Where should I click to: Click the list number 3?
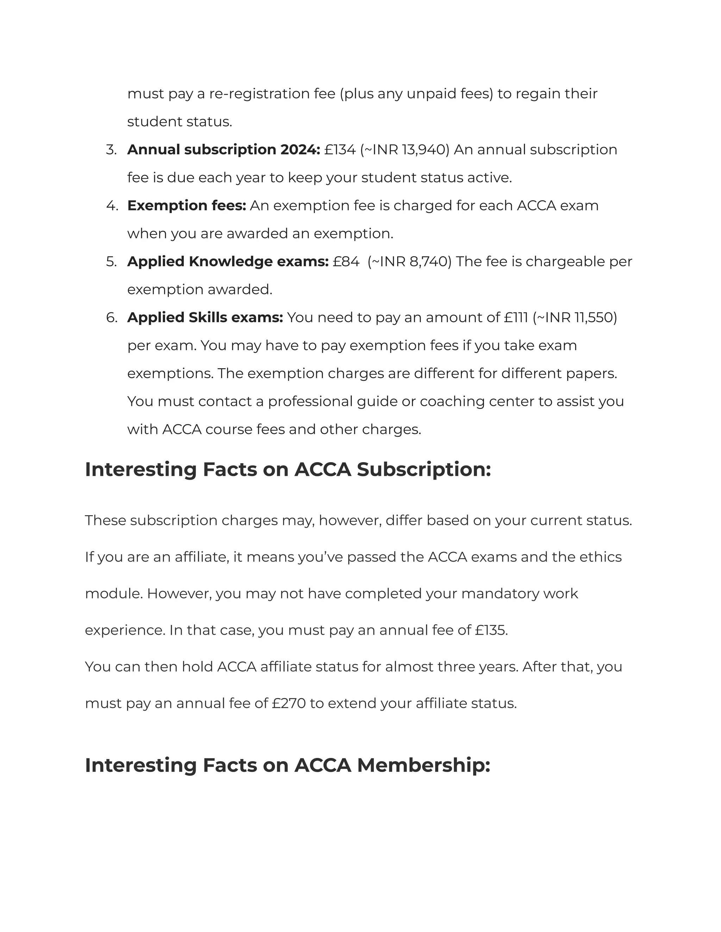[111, 150]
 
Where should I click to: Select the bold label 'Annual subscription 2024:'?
[224, 150]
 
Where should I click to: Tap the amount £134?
[340, 150]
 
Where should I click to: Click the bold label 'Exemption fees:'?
[187, 206]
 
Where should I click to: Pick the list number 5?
[111, 262]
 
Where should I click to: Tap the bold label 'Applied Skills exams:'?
[205, 318]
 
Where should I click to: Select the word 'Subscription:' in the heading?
[424, 470]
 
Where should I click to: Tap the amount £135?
[491, 630]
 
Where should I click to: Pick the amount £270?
[288, 703]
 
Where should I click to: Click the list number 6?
[111, 318]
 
